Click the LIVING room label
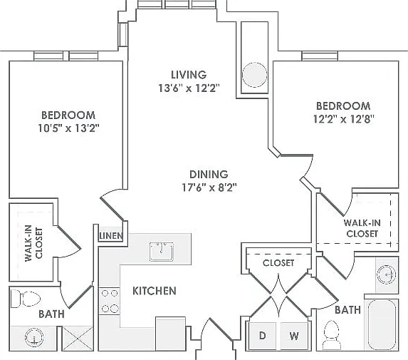tap(189, 75)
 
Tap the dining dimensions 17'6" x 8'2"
tap(209, 187)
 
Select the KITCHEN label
tap(155, 291)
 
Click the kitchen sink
tap(162, 252)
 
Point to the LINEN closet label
tap(111, 236)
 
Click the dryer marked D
tap(262, 336)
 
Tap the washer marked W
tap(294, 336)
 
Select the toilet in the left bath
tap(26, 299)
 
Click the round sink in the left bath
tap(34, 337)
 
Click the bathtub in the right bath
tap(382, 324)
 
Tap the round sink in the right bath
tap(387, 274)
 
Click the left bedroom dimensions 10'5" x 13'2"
tap(69, 128)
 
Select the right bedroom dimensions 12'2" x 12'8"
tap(343, 119)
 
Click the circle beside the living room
tap(254, 75)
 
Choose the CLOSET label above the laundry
tap(278, 263)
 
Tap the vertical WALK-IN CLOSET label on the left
tap(33, 243)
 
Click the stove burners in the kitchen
tap(110, 301)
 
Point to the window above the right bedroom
tap(320, 56)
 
